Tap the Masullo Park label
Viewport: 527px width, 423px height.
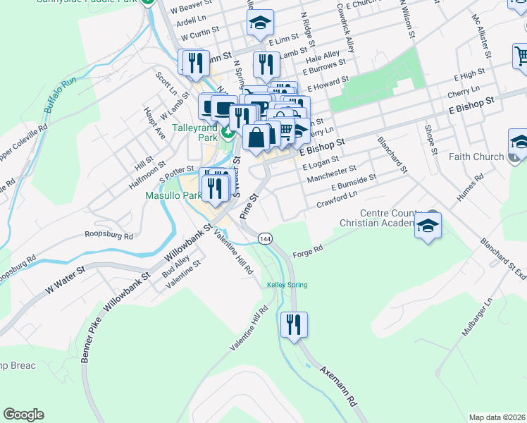point(169,195)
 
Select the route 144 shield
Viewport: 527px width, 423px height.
point(265,239)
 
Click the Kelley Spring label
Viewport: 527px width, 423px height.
point(287,285)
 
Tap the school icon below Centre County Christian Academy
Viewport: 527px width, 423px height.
point(428,226)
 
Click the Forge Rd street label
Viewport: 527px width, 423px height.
point(307,250)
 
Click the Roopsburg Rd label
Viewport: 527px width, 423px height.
point(108,235)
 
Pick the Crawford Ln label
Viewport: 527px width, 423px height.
point(337,200)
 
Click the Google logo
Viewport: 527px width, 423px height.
point(24,414)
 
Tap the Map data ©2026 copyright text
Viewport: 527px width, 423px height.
point(497,417)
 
